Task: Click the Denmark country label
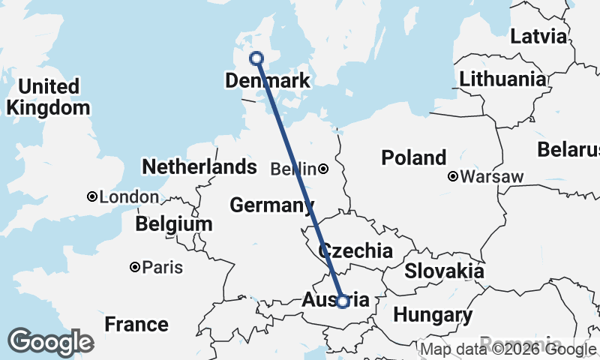pos(268,80)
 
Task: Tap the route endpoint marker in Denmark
pos(256,58)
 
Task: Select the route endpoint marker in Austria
pos(343,301)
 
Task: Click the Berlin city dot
pos(323,169)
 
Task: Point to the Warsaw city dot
pos(453,177)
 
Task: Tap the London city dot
pos(92,196)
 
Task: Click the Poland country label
pos(413,158)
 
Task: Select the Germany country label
pos(271,205)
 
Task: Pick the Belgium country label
pos(174,223)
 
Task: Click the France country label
pos(136,325)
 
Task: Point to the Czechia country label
pos(355,250)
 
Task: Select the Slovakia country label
pos(444,271)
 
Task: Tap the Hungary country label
pos(433,315)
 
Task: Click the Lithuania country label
pos(502,79)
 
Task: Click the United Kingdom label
pos(46,97)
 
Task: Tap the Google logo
pos(50,342)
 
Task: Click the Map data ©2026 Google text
pos(507,349)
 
